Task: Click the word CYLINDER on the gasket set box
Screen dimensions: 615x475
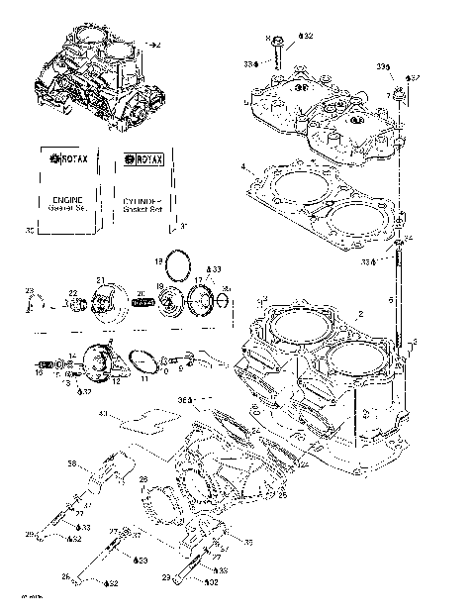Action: click(x=142, y=199)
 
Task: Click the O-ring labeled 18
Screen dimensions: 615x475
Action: click(x=179, y=265)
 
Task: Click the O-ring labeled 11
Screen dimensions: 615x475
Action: click(x=144, y=360)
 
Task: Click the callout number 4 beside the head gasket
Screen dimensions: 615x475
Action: click(x=242, y=165)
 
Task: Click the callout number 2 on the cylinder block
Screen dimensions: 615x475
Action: click(x=361, y=313)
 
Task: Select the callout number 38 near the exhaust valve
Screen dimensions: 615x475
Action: click(x=72, y=463)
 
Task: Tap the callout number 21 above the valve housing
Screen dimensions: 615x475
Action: click(x=100, y=280)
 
